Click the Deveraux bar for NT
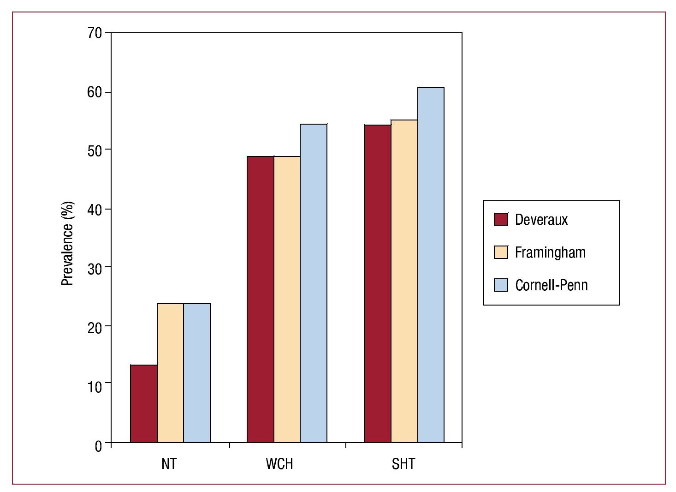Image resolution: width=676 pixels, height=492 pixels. coord(144,404)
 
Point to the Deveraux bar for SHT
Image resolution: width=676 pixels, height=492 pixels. coord(378,283)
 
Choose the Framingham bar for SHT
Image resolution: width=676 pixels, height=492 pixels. coord(404,281)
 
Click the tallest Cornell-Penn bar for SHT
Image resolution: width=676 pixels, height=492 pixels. coord(431,265)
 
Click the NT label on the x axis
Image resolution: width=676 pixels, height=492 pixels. coord(169,463)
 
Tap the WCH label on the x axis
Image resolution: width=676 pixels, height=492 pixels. coord(279,463)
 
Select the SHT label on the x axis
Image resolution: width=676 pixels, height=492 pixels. coord(403,463)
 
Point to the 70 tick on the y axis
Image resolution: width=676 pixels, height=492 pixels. coord(95,33)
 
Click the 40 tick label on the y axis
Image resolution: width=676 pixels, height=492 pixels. coord(95,210)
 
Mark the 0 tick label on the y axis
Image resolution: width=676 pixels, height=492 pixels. coord(98,446)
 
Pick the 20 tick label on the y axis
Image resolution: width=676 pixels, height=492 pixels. coord(95,328)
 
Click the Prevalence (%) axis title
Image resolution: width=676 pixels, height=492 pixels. coord(67,243)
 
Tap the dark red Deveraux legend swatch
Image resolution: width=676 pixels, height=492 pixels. coord(501,219)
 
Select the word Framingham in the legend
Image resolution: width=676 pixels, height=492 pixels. coord(550,252)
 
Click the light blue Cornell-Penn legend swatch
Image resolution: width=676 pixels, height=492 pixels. coord(501,285)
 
